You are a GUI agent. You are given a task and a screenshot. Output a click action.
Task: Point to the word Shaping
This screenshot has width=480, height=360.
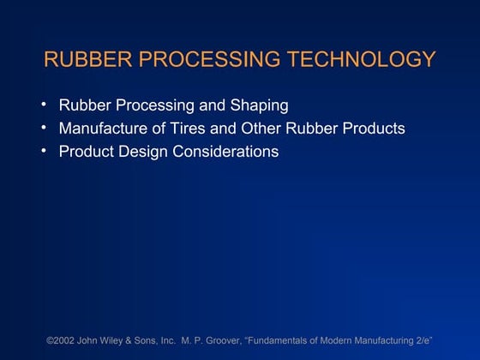click(260, 106)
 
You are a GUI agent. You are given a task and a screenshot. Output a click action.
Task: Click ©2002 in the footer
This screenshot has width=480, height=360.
click(63, 341)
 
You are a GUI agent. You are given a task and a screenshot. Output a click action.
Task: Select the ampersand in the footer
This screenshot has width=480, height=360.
click(140, 341)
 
